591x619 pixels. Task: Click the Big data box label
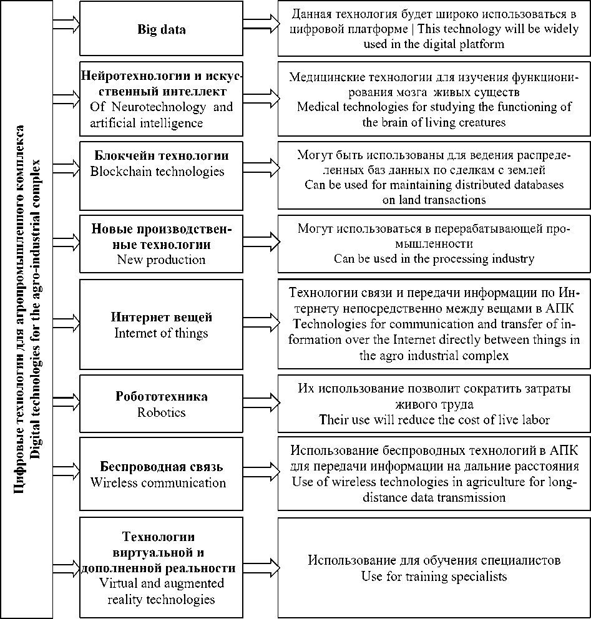pyautogui.click(x=162, y=29)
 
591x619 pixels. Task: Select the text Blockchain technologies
pyautogui.click(x=157, y=172)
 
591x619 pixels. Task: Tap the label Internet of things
pyautogui.click(x=161, y=333)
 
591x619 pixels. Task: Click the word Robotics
pyautogui.click(x=162, y=412)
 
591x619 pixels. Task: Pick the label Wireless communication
pyautogui.click(x=158, y=482)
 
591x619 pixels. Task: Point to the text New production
pyautogui.click(x=161, y=259)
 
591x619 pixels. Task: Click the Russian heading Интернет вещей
pyautogui.click(x=162, y=317)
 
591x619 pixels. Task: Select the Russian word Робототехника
pyautogui.click(x=162, y=397)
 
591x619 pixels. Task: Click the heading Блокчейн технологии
pyautogui.click(x=162, y=155)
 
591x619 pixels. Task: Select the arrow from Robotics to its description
pyautogui.click(x=260, y=397)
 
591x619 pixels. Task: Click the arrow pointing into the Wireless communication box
pyautogui.click(x=67, y=467)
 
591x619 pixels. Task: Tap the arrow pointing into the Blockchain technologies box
pyautogui.click(x=67, y=167)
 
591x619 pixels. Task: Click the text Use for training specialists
pyautogui.click(x=434, y=576)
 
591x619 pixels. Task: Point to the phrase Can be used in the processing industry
pyautogui.click(x=434, y=258)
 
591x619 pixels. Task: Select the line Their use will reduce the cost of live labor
pyautogui.click(x=434, y=419)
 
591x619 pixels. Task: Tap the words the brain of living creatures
pyautogui.click(x=434, y=122)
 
